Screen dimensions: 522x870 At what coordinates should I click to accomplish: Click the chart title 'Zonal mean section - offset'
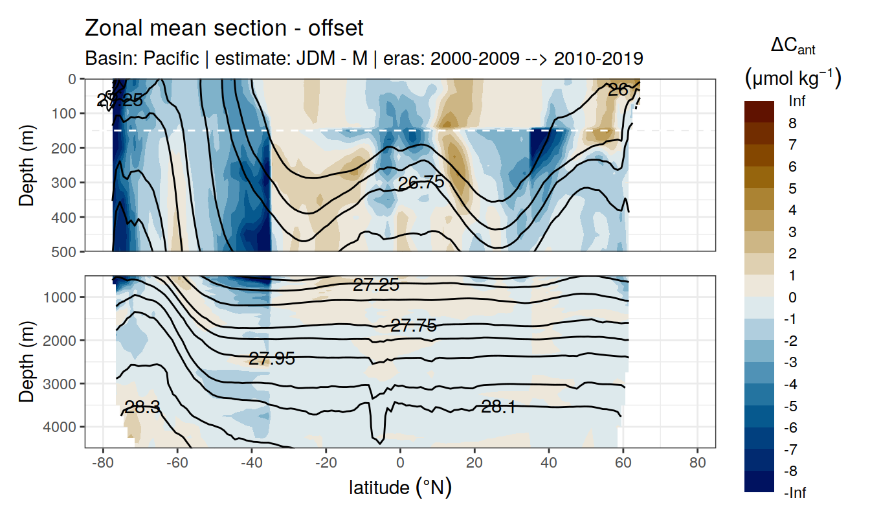coord(224,28)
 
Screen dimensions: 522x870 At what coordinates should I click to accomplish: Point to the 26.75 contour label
coord(421,183)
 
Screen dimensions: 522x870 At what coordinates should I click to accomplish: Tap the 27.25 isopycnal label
coord(375,284)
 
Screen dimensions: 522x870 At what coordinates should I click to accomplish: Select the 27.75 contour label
coord(413,326)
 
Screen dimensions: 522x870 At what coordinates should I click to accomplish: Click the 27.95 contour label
coord(272,358)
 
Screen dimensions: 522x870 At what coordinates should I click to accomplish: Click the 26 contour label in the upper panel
coord(618,91)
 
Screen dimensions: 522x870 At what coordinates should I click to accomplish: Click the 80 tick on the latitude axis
coord(697,463)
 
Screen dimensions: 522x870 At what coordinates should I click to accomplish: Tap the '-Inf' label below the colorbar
coord(796,493)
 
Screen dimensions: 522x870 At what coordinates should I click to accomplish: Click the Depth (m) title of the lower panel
coord(27,361)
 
